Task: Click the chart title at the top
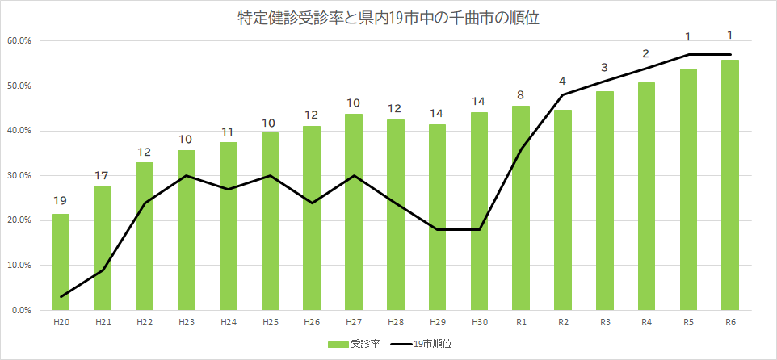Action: (388, 17)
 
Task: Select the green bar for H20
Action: (61, 262)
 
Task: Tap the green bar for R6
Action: (730, 186)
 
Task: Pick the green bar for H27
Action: (353, 212)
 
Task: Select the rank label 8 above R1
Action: (520, 94)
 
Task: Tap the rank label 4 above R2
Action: (562, 81)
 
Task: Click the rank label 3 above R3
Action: (604, 68)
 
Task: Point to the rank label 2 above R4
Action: (646, 54)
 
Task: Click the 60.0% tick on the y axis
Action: (19, 41)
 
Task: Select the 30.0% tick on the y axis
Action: (19, 176)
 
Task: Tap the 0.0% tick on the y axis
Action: (21, 310)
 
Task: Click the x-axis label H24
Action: (229, 322)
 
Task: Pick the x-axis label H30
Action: (479, 322)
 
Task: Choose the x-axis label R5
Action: (688, 322)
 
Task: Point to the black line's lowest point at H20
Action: (61, 297)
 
